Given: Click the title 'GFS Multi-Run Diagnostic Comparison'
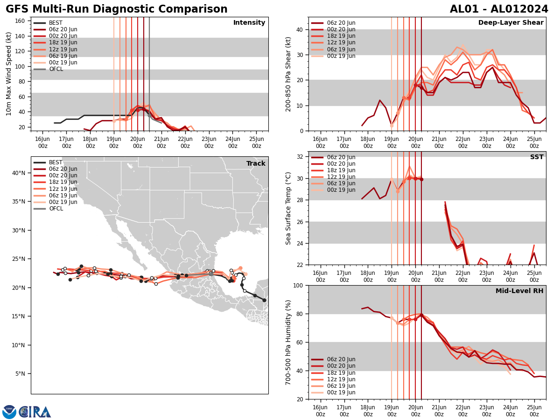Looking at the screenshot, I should click(117, 9).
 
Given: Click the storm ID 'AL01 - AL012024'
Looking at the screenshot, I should click(499, 9).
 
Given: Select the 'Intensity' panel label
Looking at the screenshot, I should click(249, 23).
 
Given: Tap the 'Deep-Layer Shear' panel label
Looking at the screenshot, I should click(511, 23).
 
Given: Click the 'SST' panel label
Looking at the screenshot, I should click(537, 157).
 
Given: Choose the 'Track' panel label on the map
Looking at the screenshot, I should click(256, 164).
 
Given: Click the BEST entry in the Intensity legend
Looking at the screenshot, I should click(56, 23).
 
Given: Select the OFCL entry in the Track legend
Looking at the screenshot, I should click(56, 209).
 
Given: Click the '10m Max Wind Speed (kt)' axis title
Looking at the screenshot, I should click(9, 74).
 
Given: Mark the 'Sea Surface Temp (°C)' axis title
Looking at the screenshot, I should click(288, 208).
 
